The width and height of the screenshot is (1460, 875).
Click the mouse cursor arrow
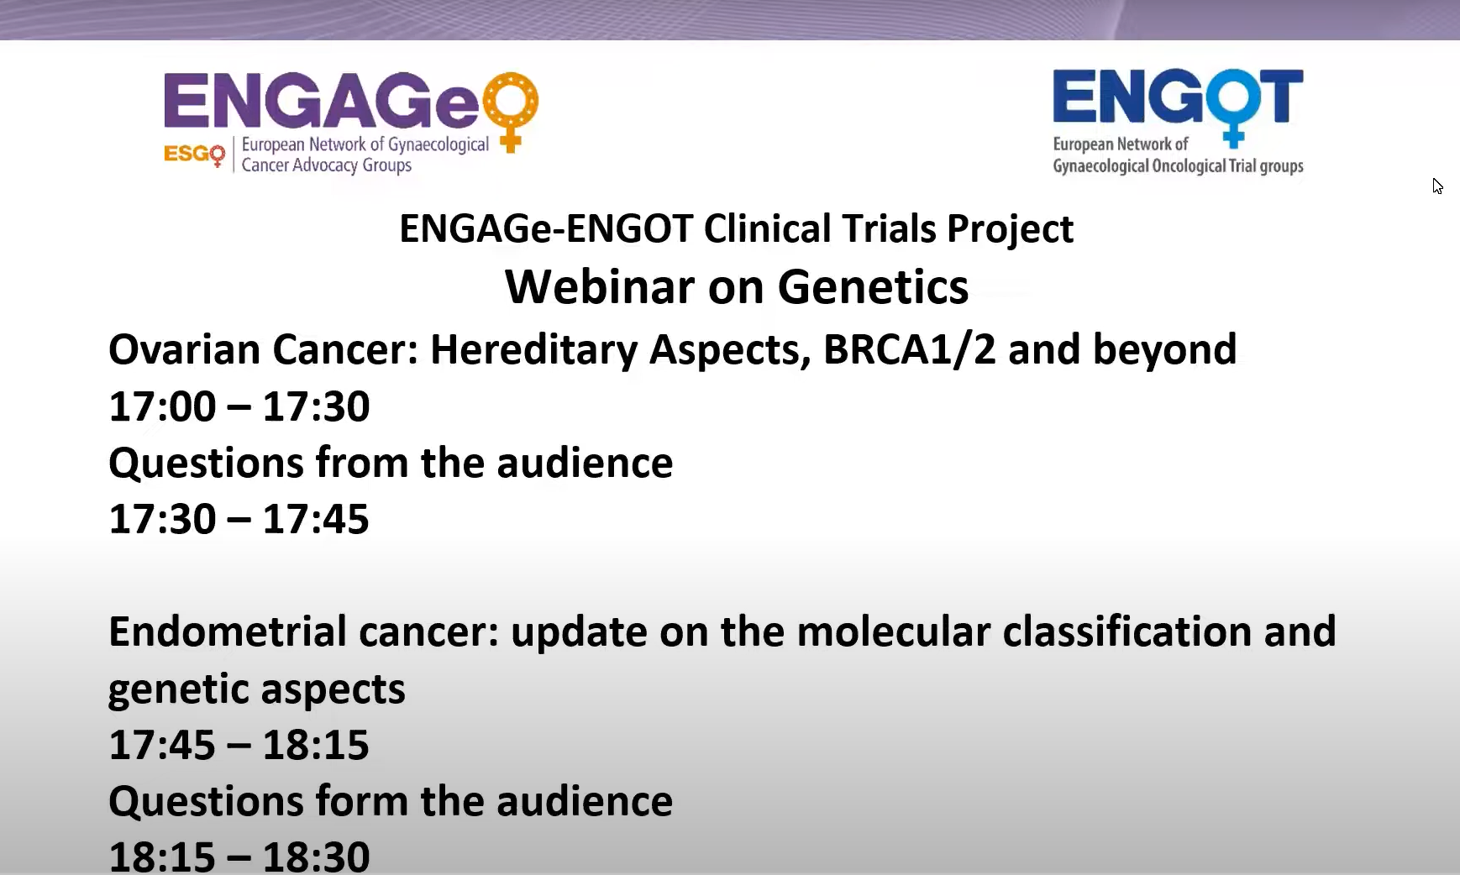pyautogui.click(x=1437, y=186)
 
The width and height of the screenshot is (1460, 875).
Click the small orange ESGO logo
pyautogui.click(x=195, y=155)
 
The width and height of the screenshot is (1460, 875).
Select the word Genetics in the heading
pyautogui.click(x=873, y=287)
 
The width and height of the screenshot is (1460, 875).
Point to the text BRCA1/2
pyautogui.click(x=909, y=349)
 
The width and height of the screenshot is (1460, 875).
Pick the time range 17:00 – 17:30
pyautogui.click(x=239, y=406)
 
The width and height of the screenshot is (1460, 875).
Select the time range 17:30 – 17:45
pyautogui.click(x=239, y=519)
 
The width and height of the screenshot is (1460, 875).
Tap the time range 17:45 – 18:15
pyautogui.click(x=239, y=745)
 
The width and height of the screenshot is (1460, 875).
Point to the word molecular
pyautogui.click(x=894, y=631)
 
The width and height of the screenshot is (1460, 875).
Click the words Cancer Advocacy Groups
pyautogui.click(x=327, y=165)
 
